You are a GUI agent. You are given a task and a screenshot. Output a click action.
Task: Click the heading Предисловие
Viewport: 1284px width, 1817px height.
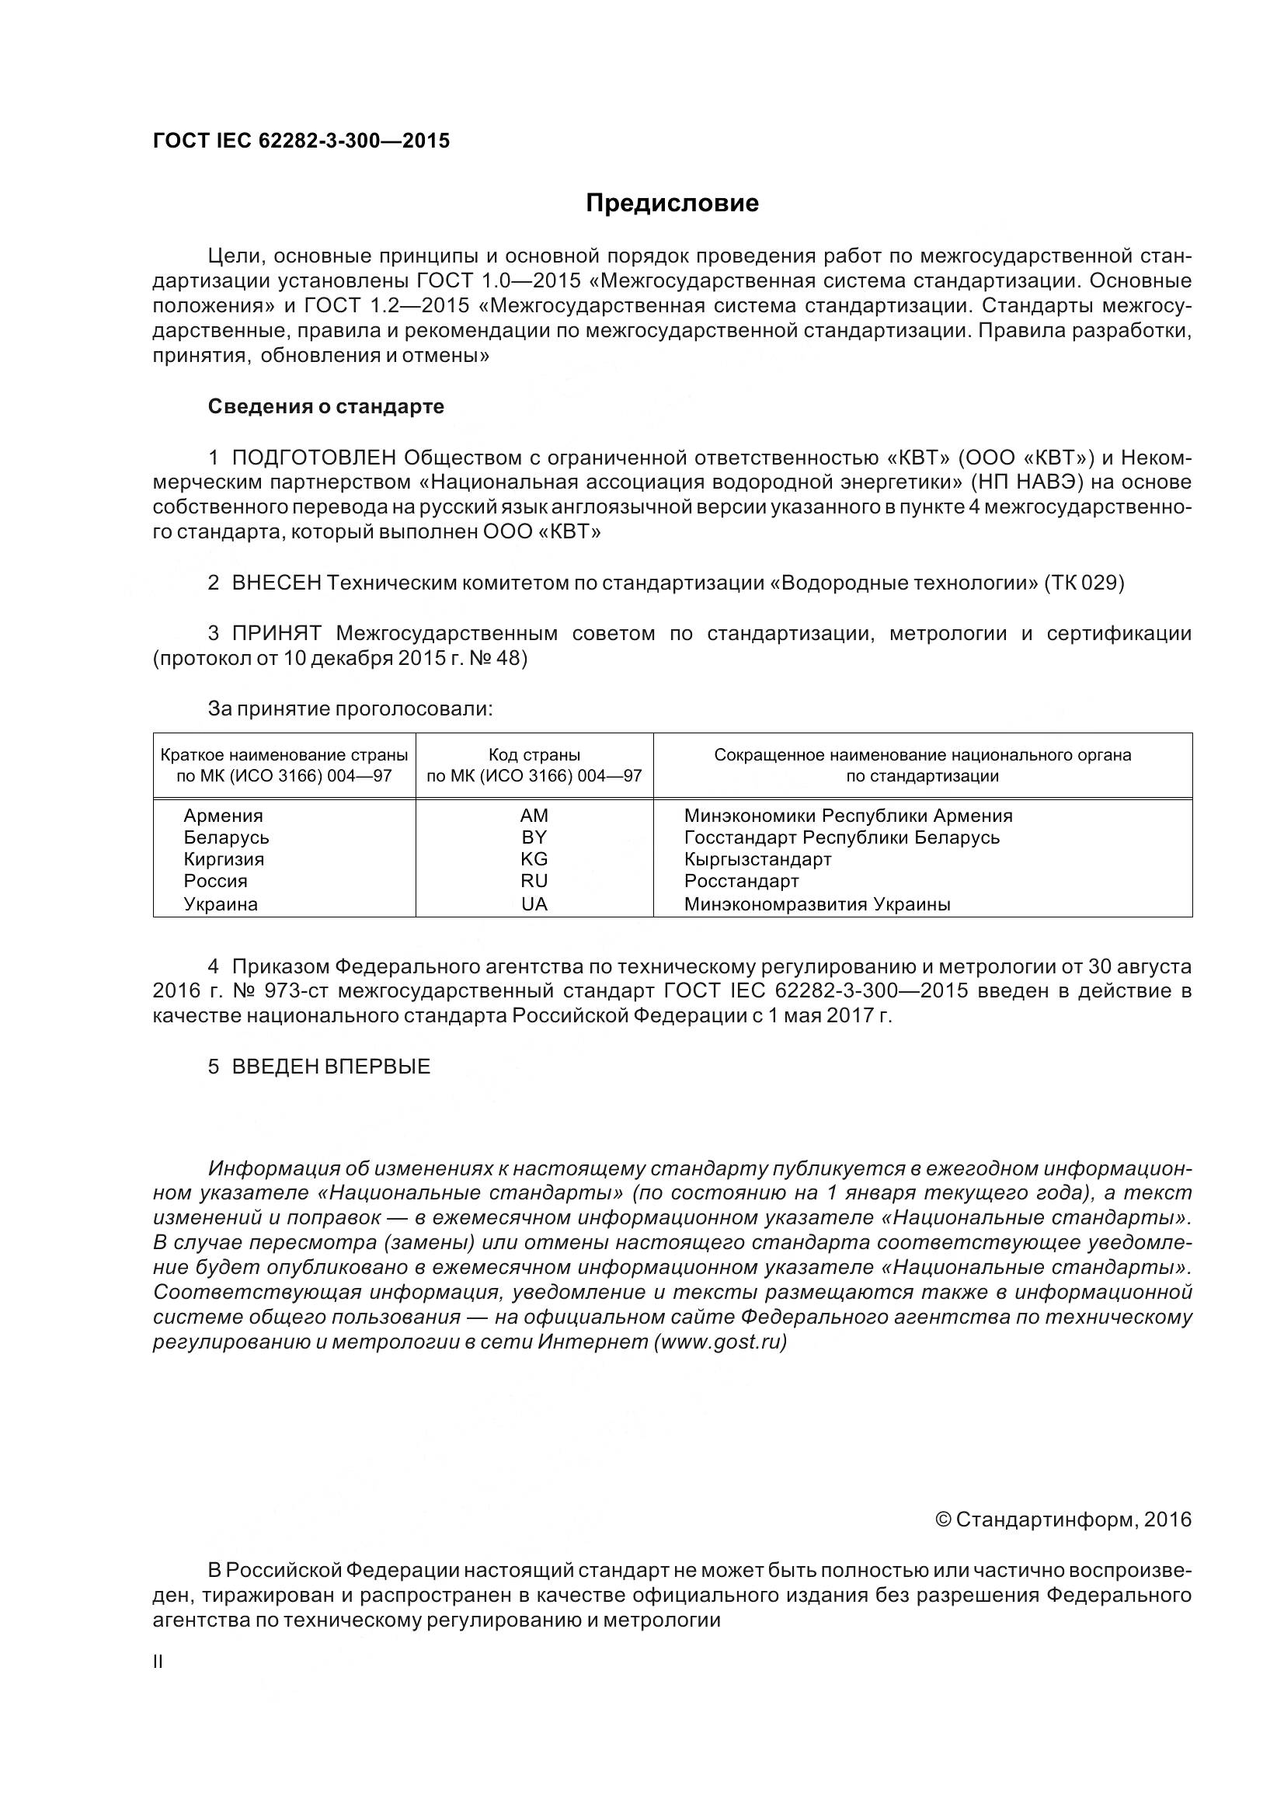(x=672, y=204)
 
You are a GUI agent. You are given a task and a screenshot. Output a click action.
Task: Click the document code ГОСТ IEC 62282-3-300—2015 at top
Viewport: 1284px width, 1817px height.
(x=301, y=141)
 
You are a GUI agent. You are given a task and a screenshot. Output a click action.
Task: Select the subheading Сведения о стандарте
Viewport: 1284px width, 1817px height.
(x=326, y=407)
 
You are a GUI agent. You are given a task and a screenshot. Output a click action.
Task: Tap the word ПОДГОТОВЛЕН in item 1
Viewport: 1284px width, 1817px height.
(x=313, y=458)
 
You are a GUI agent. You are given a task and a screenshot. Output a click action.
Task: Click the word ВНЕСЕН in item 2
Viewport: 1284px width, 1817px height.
(x=276, y=583)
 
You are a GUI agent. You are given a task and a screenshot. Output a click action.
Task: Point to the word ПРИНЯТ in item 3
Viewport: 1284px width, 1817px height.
(x=276, y=633)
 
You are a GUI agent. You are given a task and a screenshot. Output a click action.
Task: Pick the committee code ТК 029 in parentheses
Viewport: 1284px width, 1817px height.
(x=1084, y=583)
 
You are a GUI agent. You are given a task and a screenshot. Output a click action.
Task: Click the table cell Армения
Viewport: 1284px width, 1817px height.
(x=223, y=816)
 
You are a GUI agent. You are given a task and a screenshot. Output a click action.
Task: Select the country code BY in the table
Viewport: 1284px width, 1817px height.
(x=534, y=837)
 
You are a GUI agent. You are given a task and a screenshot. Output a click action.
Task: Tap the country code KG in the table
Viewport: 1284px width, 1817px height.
(x=534, y=859)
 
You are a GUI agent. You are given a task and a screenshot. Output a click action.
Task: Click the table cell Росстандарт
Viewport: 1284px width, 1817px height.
(x=741, y=881)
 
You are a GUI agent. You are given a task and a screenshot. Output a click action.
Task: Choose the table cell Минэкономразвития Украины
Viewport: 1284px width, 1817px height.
(x=817, y=903)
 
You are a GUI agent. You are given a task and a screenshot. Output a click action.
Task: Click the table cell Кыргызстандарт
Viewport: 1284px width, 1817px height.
(x=757, y=859)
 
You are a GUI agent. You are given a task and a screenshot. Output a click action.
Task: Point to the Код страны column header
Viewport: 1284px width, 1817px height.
(x=534, y=755)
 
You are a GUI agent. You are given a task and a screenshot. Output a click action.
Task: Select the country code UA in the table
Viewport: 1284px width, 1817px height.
(x=534, y=903)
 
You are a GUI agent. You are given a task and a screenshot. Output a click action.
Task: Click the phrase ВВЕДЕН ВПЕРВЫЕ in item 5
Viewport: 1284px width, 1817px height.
(x=331, y=1067)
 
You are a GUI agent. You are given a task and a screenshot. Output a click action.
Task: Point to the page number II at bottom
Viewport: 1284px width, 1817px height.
(x=158, y=1662)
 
